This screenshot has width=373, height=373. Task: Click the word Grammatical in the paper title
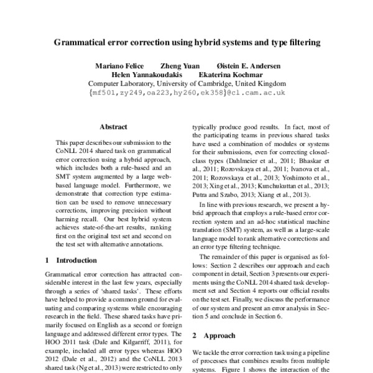[85, 43]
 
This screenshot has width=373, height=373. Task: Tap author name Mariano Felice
[119, 66]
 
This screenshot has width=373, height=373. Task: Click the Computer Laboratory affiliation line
[186, 83]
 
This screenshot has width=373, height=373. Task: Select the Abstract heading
[113, 126]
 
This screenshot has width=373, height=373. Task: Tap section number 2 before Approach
[194, 335]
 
